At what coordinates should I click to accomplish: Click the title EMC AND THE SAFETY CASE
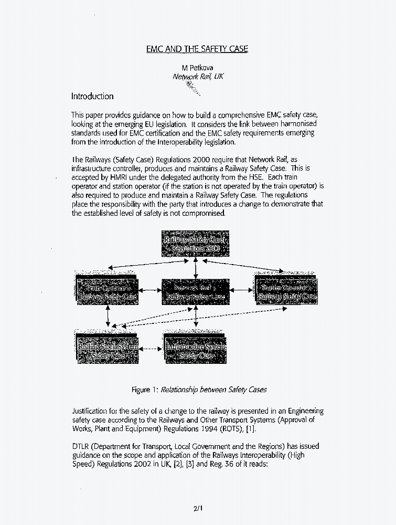(x=197, y=49)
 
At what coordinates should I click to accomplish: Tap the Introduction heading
(x=92, y=96)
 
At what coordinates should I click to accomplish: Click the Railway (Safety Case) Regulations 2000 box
(x=195, y=244)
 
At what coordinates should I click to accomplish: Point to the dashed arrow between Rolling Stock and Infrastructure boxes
(x=151, y=349)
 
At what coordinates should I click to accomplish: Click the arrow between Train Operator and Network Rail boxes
(x=151, y=289)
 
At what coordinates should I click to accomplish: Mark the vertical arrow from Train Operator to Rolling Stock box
(x=108, y=316)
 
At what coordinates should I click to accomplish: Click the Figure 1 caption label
(x=145, y=390)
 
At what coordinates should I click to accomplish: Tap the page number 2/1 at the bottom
(x=197, y=508)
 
